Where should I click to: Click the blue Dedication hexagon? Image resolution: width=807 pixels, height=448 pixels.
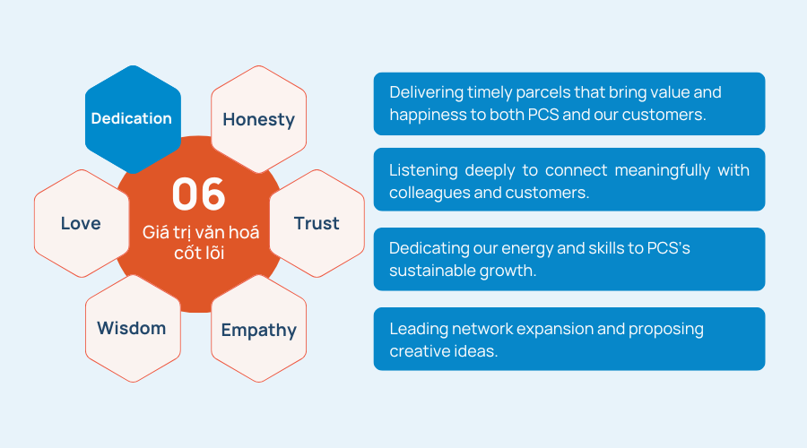tap(133, 119)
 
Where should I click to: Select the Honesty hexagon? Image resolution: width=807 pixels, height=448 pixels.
tap(258, 119)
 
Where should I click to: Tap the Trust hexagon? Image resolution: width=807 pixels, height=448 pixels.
tap(317, 223)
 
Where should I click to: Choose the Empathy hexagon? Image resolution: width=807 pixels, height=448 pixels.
tap(258, 329)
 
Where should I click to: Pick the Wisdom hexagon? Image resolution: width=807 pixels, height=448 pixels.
tap(133, 329)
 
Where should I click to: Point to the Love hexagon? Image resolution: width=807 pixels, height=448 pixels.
tap(82, 223)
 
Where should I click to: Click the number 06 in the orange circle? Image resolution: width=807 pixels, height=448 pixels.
tap(199, 194)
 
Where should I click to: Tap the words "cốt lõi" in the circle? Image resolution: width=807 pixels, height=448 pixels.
tap(199, 253)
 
